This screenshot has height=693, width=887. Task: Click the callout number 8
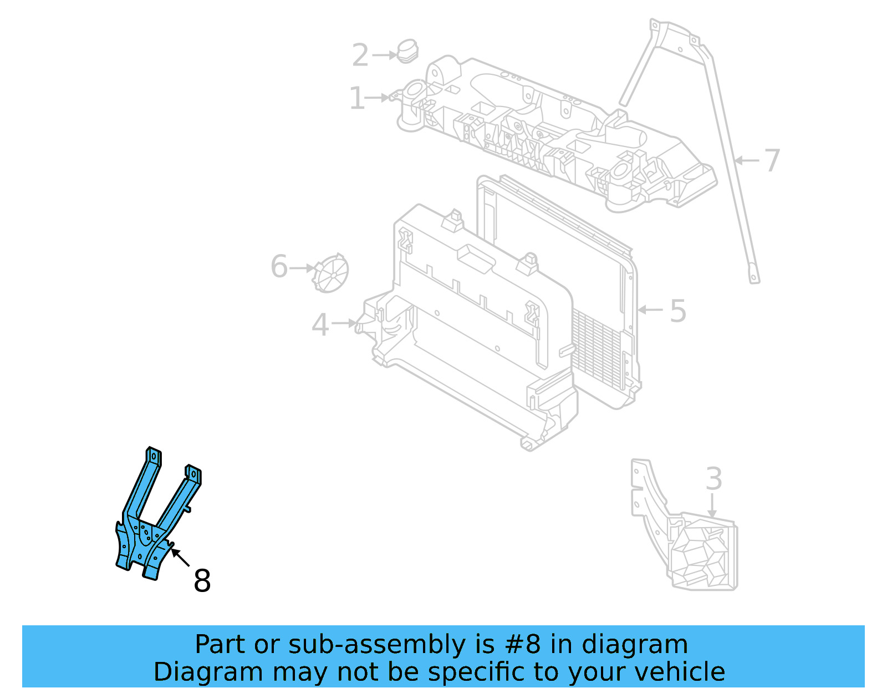(202, 581)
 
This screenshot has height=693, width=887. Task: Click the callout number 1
(357, 98)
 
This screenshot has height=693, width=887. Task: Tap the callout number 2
(360, 55)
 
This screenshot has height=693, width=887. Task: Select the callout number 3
(713, 479)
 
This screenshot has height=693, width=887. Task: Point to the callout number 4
(320, 325)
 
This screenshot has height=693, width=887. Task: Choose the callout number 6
(279, 266)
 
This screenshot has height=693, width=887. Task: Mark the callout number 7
(771, 160)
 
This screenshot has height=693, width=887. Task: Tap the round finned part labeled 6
(332, 272)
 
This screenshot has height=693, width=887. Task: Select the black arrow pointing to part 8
(180, 557)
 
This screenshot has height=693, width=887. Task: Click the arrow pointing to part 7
(746, 160)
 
